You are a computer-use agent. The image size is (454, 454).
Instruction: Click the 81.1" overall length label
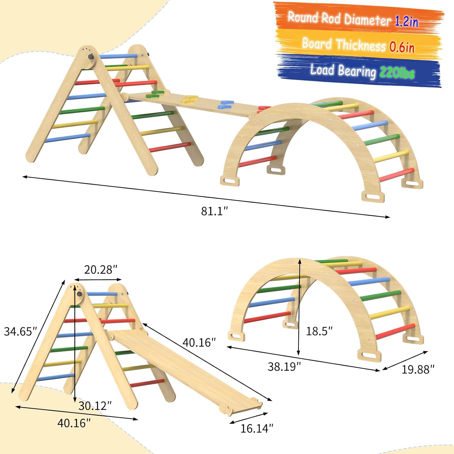click(x=214, y=211)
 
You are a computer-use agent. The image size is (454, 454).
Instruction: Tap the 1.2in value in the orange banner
click(x=406, y=21)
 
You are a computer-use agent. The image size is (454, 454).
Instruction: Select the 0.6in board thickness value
click(x=402, y=47)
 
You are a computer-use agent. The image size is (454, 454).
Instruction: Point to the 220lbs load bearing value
click(x=397, y=73)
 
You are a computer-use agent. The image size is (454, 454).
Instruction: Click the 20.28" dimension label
click(x=100, y=269)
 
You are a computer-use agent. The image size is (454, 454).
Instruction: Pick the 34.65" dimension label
click(x=20, y=331)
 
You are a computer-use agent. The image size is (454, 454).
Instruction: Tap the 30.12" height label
click(x=95, y=406)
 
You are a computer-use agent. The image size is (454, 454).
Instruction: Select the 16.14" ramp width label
click(x=257, y=428)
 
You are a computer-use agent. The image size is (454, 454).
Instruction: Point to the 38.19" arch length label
click(x=284, y=367)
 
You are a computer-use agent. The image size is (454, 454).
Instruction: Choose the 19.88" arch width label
click(x=418, y=369)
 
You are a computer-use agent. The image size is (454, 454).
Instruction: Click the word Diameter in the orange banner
click(x=367, y=20)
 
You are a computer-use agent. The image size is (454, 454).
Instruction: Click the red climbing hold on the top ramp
click(x=264, y=108)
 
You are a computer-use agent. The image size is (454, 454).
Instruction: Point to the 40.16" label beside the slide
click(x=199, y=342)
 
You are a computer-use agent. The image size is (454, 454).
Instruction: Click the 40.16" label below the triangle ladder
click(x=74, y=423)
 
